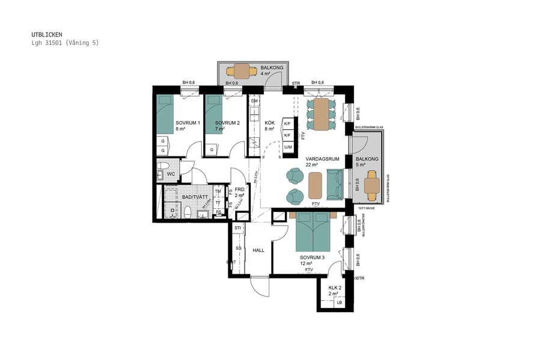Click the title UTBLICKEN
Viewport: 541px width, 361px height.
point(47,35)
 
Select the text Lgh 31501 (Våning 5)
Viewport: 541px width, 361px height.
point(65,43)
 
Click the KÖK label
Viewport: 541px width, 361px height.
point(269,123)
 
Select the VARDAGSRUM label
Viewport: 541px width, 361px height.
point(323,159)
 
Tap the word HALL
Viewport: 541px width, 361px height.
point(258,250)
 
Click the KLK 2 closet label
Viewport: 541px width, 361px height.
point(335,288)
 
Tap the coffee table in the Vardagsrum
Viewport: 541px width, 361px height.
point(316,185)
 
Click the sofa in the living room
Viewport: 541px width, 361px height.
point(334,185)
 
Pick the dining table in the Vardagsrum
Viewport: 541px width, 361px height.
point(321,114)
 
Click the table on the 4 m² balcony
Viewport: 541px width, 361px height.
point(242,71)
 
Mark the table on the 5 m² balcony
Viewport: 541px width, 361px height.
point(372,186)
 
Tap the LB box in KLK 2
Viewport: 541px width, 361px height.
point(340,302)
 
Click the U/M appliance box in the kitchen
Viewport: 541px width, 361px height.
point(288,147)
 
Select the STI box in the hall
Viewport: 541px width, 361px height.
point(238,229)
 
